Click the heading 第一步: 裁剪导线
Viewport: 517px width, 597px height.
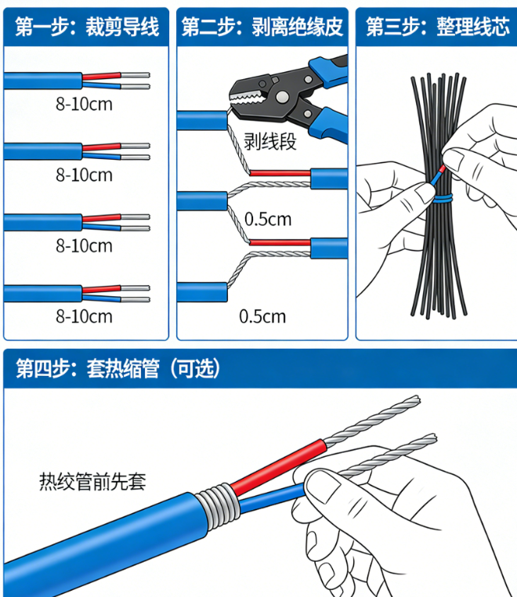click(87, 27)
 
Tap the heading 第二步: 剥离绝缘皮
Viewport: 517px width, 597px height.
click(262, 27)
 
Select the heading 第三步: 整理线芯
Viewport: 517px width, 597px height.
click(438, 27)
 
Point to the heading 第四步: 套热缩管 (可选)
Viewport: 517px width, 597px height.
click(118, 368)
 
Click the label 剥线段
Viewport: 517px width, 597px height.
click(270, 142)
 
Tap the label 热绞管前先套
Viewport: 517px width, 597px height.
click(92, 481)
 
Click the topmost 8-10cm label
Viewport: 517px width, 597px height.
click(84, 104)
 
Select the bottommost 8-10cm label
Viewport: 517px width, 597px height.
click(84, 317)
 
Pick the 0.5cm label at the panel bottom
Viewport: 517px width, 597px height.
click(262, 317)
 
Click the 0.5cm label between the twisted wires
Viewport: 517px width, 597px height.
click(268, 219)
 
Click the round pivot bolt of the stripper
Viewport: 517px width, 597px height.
click(282, 96)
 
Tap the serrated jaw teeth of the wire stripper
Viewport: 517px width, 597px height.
click(246, 98)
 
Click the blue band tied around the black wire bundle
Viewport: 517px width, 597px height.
click(443, 198)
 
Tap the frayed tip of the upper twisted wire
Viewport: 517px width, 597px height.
click(416, 400)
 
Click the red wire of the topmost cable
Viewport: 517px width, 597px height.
click(101, 76)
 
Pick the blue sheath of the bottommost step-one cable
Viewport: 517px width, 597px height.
click(42, 294)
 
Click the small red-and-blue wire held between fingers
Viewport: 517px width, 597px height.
click(438, 175)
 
